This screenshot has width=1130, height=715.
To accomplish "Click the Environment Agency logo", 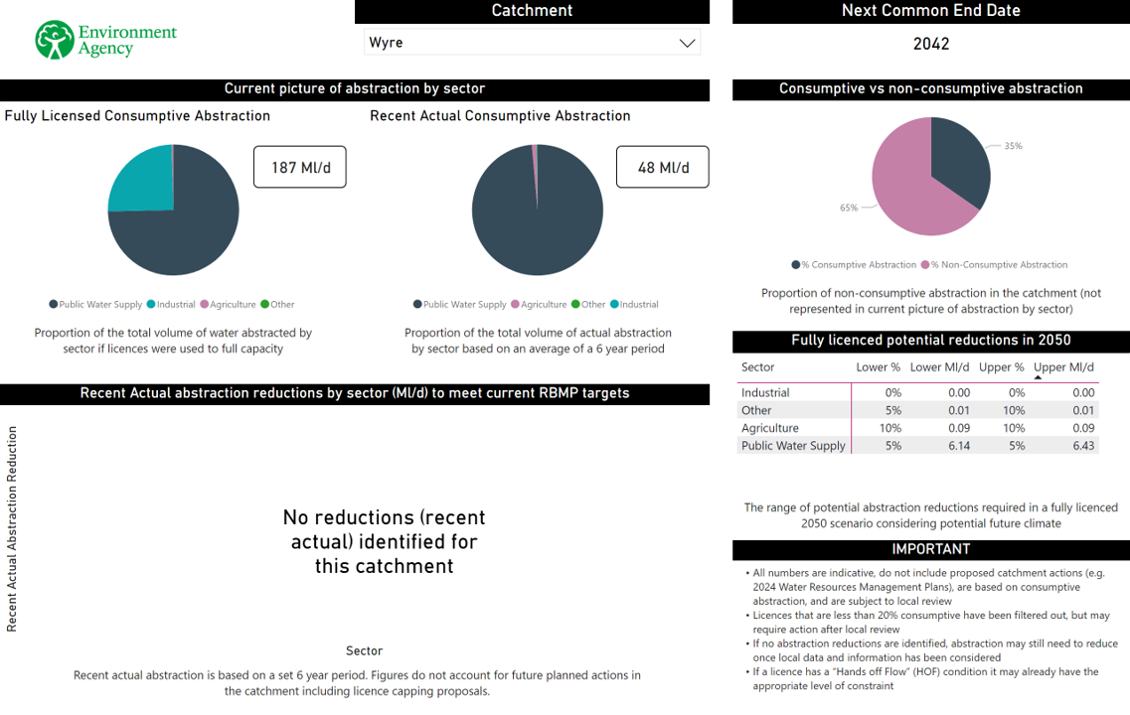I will point(104,41).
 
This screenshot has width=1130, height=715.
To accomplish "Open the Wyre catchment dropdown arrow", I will point(686,43).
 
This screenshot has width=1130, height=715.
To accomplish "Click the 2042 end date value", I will point(931,44).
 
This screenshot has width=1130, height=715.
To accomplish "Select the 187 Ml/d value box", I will point(299,167).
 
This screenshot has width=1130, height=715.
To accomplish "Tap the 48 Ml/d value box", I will point(663,167).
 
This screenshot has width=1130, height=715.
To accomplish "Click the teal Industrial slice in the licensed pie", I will point(140,180).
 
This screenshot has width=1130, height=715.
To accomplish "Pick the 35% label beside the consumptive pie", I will point(1013,146).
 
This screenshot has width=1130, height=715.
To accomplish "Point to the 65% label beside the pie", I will point(849,209).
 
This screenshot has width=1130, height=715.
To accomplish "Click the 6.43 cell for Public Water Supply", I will point(1083,446).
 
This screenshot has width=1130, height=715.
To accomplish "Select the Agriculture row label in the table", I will point(770,428).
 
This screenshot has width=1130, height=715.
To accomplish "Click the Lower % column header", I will point(878,367).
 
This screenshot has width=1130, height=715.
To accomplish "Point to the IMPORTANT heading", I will point(931,549).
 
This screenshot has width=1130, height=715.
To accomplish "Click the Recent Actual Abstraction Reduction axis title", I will point(13,529).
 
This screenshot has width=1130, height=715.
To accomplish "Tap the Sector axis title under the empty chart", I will point(364,651).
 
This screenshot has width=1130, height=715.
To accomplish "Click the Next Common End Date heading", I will point(931,11).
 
